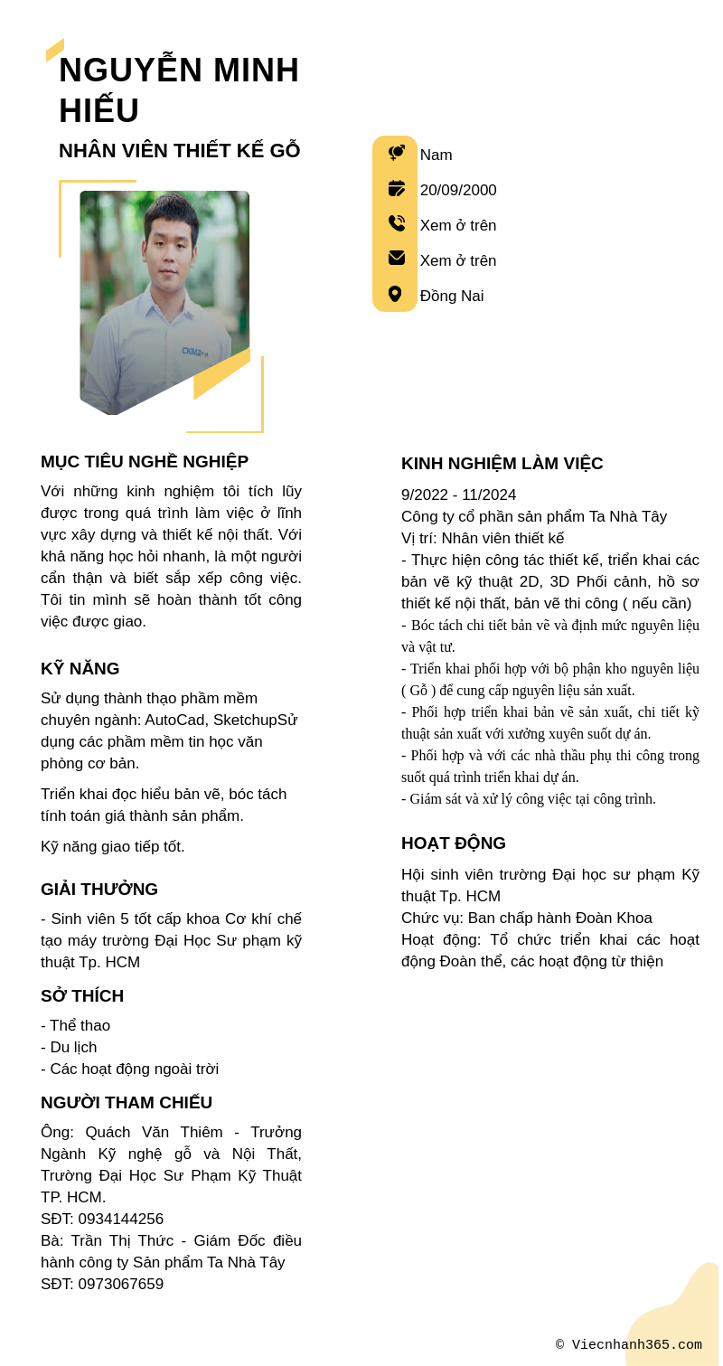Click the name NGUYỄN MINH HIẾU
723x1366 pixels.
(179, 89)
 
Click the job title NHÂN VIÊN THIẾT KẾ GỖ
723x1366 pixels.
(179, 151)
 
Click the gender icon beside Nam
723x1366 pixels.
(396, 154)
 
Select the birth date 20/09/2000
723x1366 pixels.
(458, 191)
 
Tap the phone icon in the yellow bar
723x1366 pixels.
(396, 223)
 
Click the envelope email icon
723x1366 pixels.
(396, 258)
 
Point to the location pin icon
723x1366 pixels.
(395, 294)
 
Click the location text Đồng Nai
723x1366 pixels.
(452, 297)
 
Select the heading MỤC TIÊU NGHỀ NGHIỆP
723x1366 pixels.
(145, 462)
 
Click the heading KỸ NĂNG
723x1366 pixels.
(80, 669)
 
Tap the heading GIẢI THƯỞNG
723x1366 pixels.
(99, 890)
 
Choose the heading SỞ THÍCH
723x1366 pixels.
(82, 996)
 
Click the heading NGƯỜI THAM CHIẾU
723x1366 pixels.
(127, 1103)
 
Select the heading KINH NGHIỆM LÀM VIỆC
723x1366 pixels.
(502, 464)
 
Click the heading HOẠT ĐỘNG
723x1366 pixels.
(454, 843)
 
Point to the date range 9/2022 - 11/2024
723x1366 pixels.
(458, 495)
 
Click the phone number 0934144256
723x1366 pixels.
(120, 1220)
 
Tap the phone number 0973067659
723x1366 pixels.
(120, 1285)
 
